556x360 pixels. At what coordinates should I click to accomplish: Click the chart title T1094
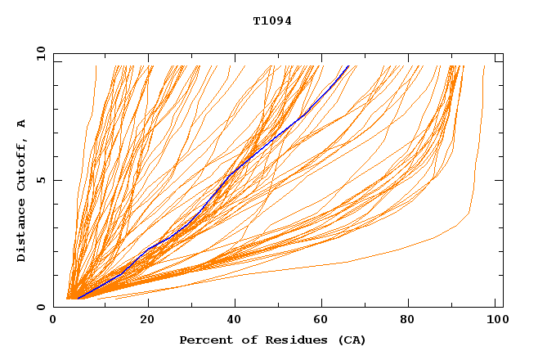(272, 21)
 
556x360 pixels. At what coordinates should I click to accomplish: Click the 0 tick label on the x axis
(53, 321)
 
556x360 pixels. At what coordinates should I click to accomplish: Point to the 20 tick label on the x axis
(148, 321)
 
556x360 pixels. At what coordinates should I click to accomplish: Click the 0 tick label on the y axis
(41, 307)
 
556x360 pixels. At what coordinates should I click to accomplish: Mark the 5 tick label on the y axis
(41, 180)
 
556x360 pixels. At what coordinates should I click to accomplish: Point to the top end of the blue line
(348, 66)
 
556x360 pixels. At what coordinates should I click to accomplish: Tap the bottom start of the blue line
(78, 298)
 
